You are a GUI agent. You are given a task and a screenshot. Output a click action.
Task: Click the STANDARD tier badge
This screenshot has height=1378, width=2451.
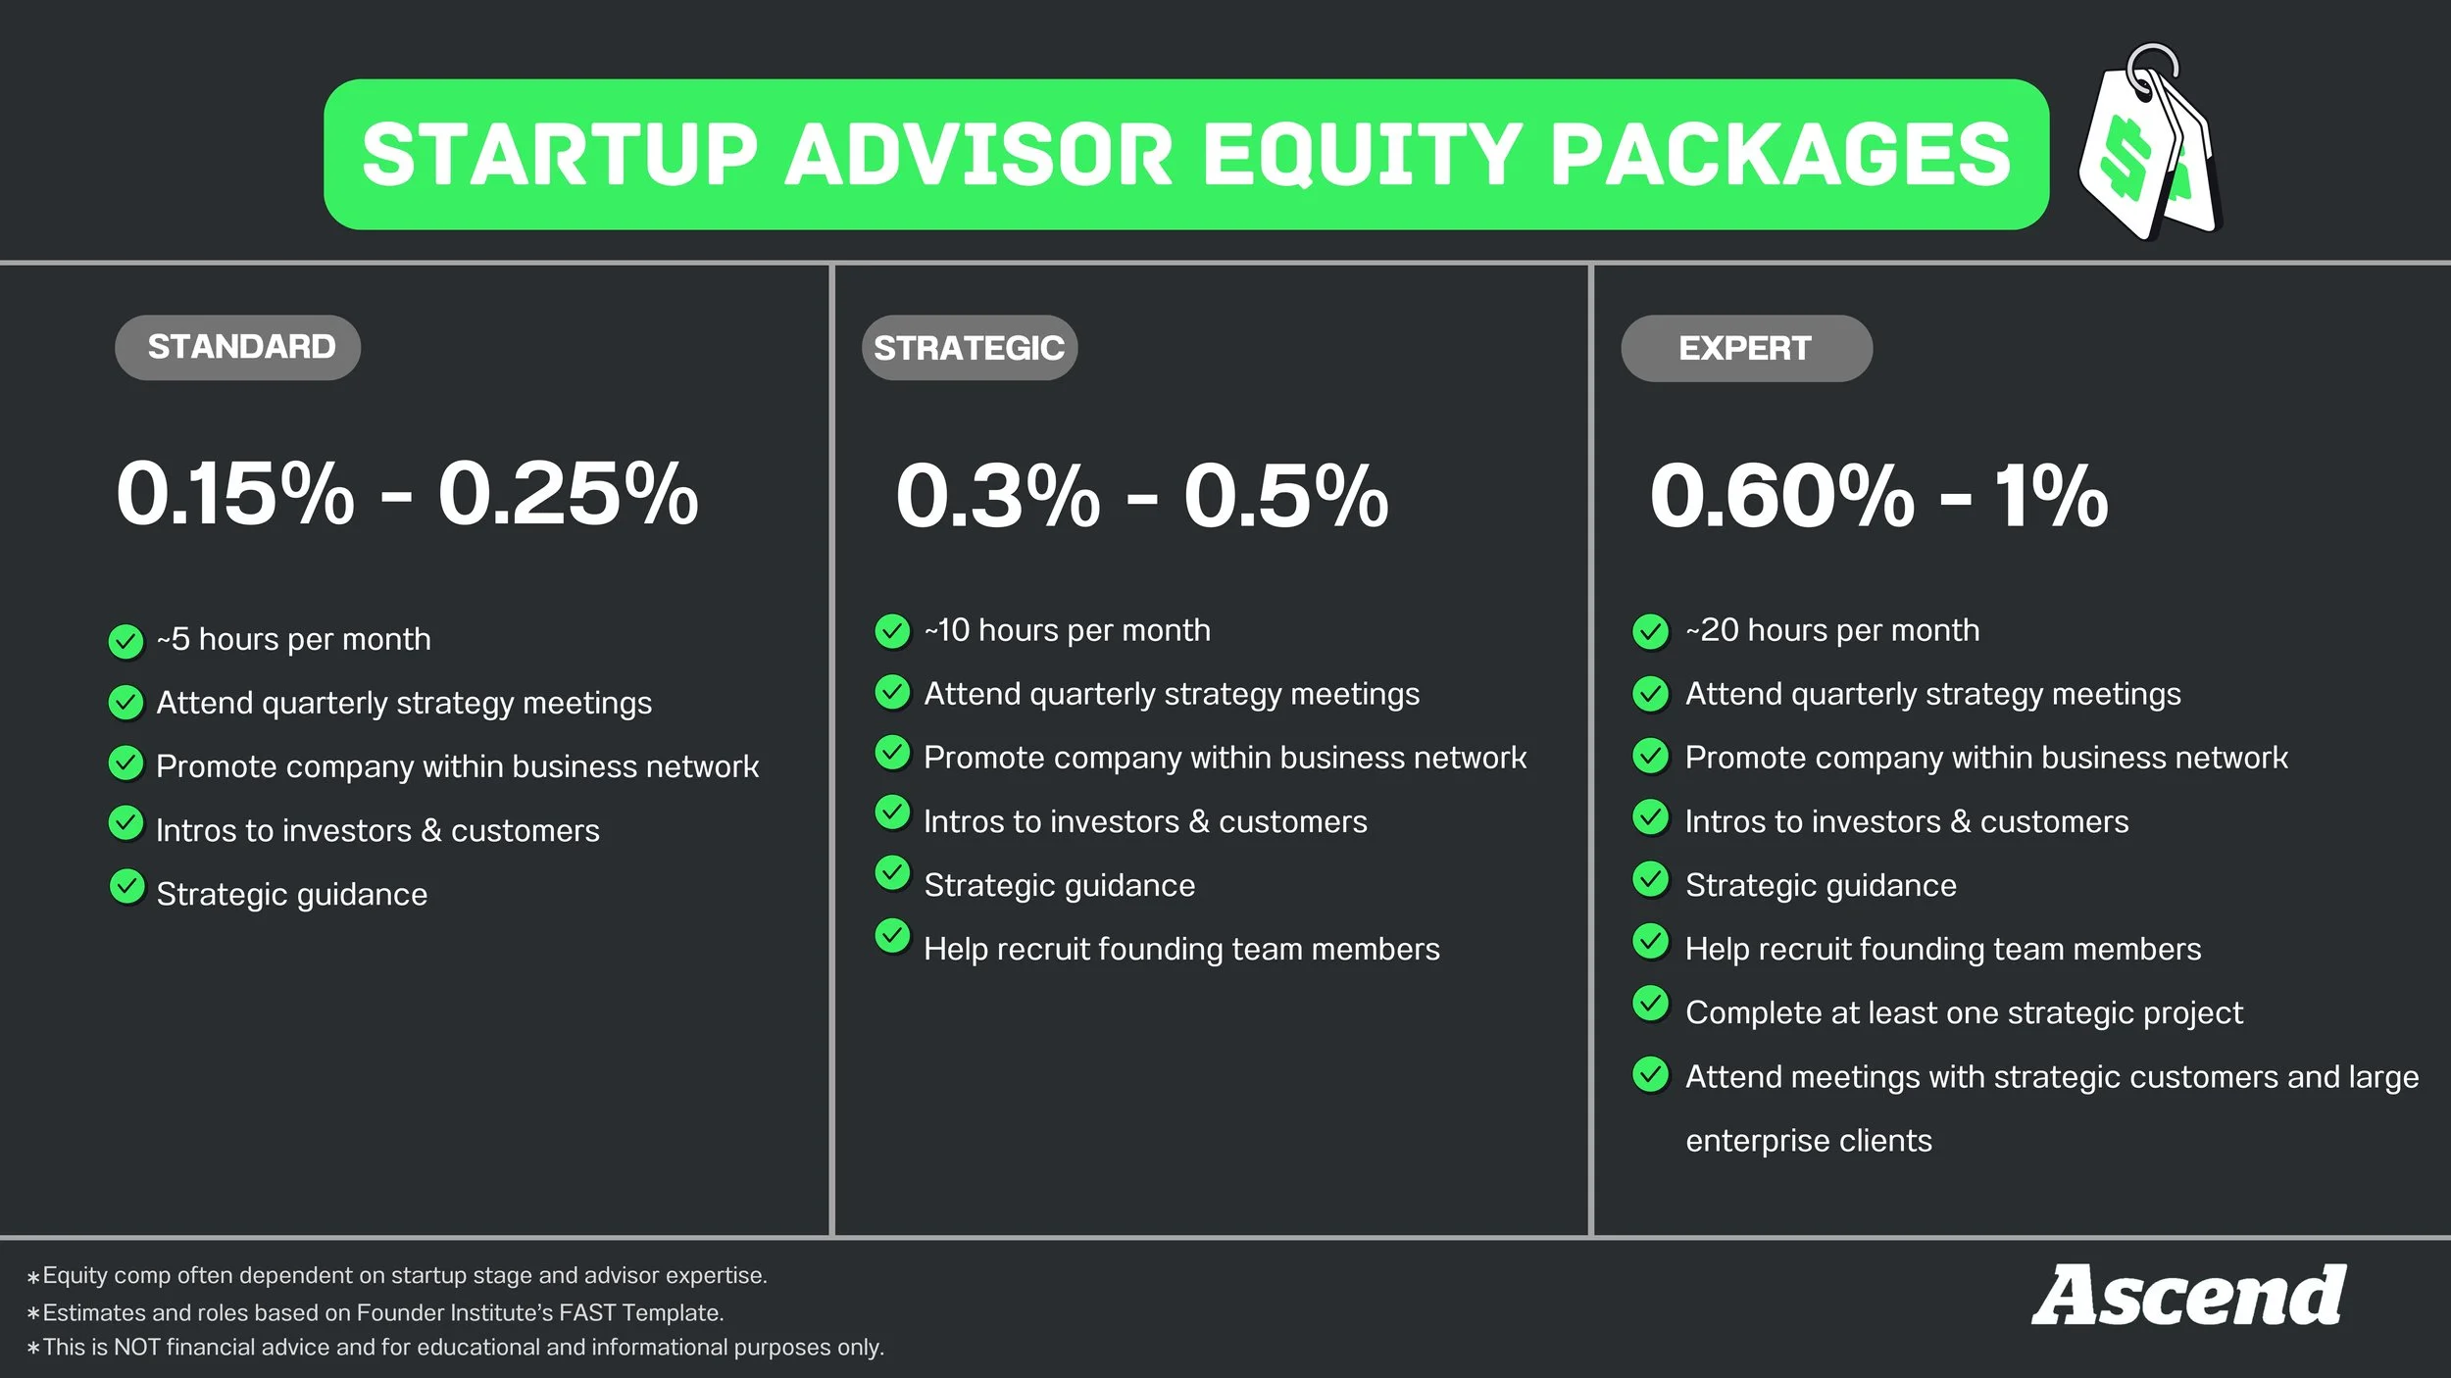click(238, 347)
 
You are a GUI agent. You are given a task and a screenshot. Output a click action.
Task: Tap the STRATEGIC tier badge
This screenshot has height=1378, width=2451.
click(969, 348)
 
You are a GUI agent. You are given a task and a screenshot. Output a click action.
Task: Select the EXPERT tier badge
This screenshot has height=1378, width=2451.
click(1745, 348)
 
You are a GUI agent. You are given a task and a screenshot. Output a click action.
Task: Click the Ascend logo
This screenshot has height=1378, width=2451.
click(2188, 1296)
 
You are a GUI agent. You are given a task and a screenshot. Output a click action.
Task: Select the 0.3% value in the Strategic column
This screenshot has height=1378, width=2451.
click(997, 496)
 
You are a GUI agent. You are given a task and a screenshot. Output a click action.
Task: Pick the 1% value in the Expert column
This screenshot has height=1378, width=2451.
click(2051, 496)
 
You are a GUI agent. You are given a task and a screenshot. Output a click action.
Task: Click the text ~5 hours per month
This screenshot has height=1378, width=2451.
click(293, 640)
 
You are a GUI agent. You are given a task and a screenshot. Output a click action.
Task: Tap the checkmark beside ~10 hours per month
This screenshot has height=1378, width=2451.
click(892, 631)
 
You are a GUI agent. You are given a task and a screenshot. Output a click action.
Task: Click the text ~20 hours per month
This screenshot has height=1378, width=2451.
click(1831, 630)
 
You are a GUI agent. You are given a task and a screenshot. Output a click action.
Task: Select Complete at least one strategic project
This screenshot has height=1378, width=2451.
click(1963, 1012)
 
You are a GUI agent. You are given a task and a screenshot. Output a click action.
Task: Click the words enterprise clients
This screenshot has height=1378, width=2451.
click(1808, 1141)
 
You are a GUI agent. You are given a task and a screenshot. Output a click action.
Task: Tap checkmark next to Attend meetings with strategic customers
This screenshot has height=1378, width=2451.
click(1651, 1075)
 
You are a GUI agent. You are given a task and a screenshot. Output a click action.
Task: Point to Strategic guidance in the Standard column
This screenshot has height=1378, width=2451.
click(291, 895)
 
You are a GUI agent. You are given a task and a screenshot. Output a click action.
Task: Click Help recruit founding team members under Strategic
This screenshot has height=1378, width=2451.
click(1181, 949)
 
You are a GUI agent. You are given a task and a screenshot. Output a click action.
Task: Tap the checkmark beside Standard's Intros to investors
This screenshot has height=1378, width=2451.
click(125, 823)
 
